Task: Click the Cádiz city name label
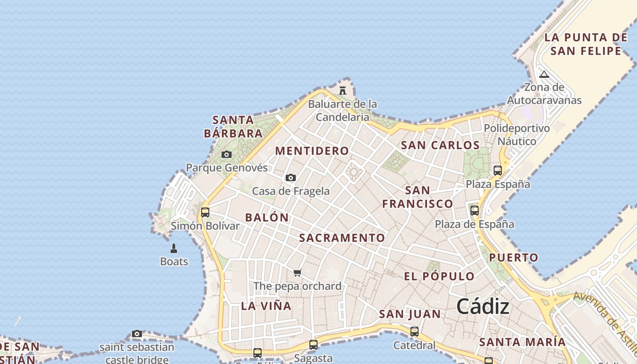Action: [x=483, y=306]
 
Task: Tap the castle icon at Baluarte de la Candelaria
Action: [x=343, y=90]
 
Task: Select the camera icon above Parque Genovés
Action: [x=226, y=155]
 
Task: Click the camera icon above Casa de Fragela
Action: [x=291, y=178]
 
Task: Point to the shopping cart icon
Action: [x=298, y=273]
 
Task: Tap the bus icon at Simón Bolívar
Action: [x=205, y=212]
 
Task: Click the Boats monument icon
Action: [x=173, y=248]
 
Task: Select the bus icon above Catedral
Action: [x=414, y=332]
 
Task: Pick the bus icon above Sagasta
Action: [x=313, y=345]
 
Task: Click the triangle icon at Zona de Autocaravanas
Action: [x=544, y=75]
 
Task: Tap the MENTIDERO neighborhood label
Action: [x=312, y=151]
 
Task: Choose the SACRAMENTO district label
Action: [x=342, y=238]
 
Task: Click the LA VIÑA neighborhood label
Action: [x=266, y=306]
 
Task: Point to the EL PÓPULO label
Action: [x=440, y=276]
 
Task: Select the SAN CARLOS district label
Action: [x=440, y=146]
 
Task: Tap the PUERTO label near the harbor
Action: [x=514, y=258]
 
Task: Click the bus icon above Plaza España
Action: [x=498, y=171]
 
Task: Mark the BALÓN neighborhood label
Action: [x=267, y=217]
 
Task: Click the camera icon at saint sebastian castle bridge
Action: [x=137, y=334]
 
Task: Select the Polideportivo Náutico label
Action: [x=517, y=135]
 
